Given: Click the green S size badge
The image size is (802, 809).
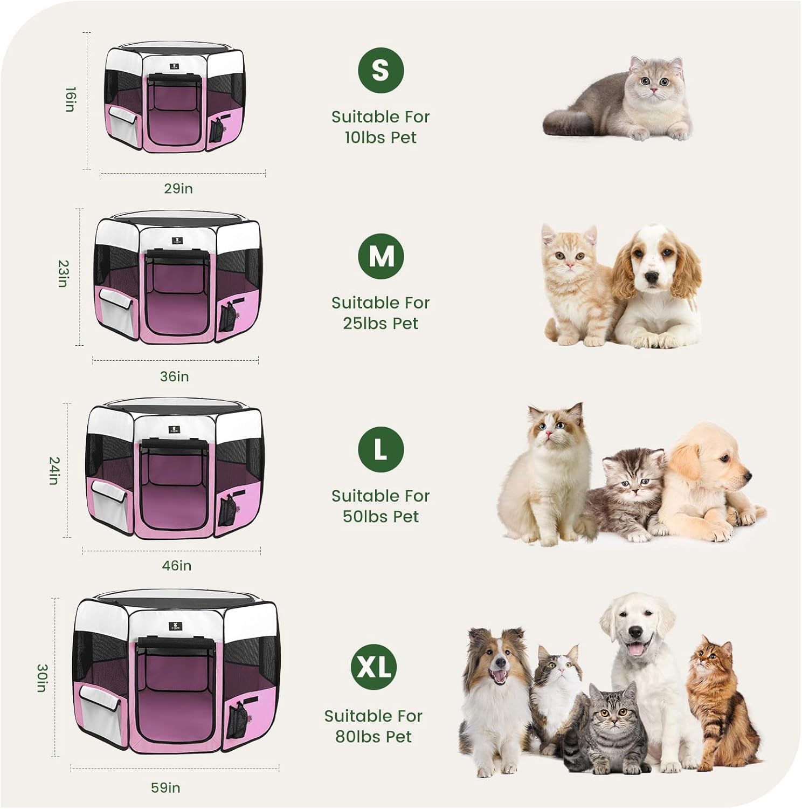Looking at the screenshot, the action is (381, 70).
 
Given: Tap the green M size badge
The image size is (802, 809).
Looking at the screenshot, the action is (381, 256).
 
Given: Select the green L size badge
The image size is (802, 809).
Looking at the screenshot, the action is (381, 449).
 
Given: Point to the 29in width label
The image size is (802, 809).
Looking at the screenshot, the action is (178, 189).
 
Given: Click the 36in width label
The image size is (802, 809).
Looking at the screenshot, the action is (175, 376).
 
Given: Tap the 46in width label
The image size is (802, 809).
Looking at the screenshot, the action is (177, 566).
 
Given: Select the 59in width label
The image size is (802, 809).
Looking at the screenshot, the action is (166, 788).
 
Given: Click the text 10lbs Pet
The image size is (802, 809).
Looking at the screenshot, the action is (381, 138).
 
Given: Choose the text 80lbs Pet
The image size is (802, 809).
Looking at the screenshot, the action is (373, 737).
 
